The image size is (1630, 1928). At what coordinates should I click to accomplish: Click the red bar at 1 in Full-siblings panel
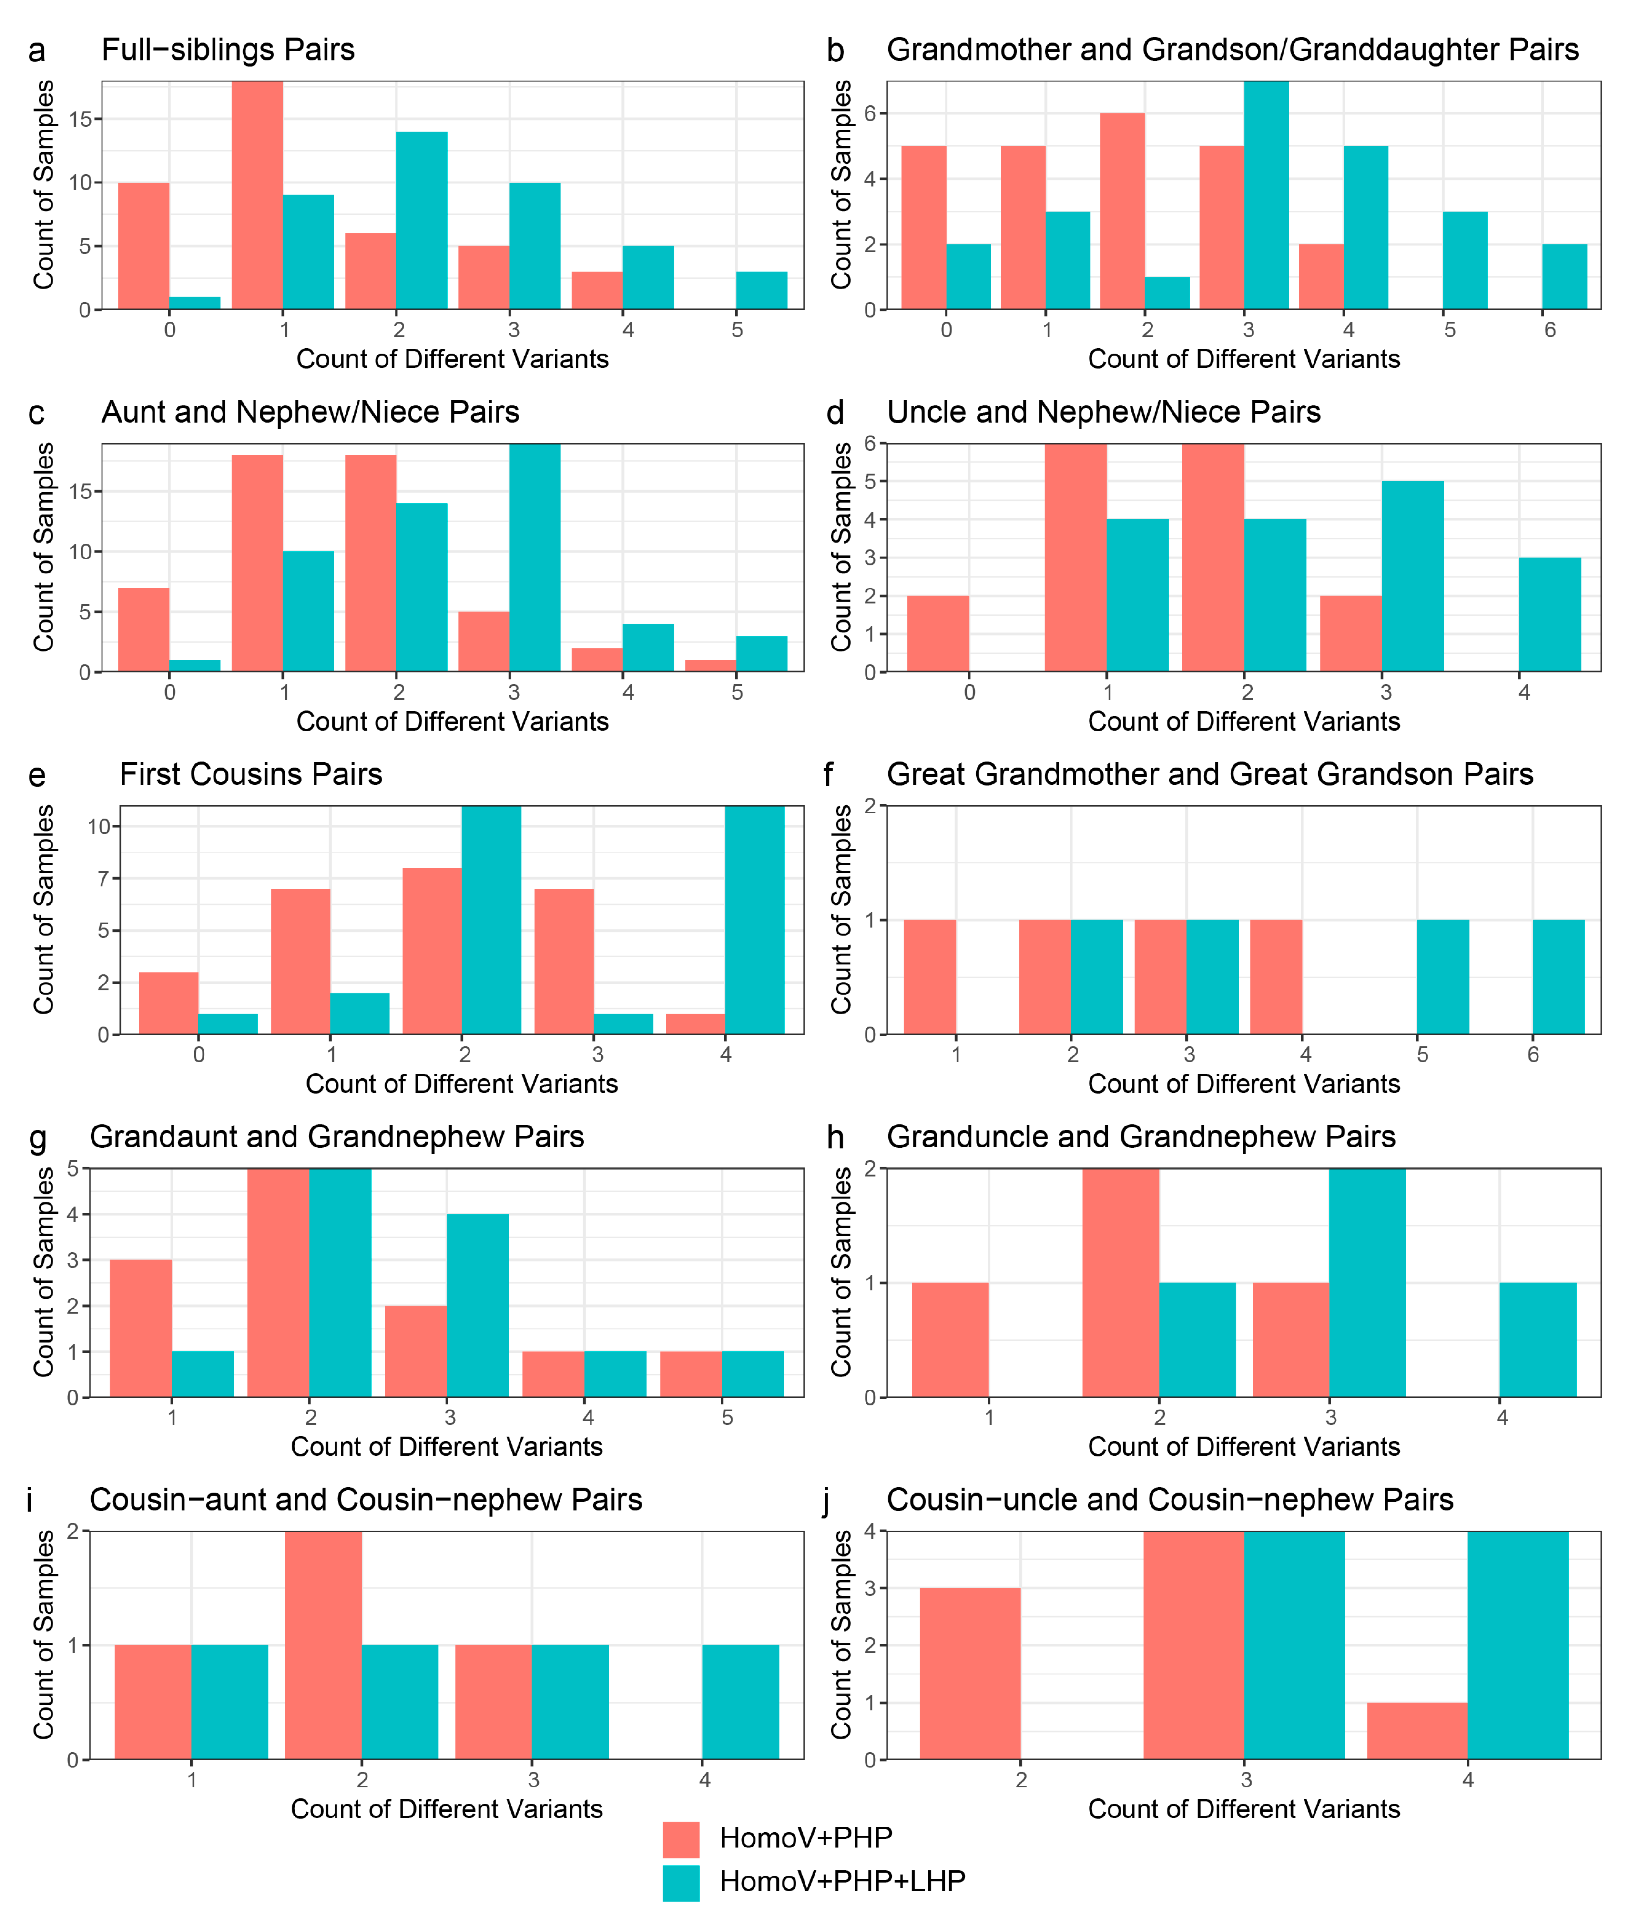coord(257,195)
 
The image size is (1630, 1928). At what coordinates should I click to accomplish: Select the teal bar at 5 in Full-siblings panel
coord(762,290)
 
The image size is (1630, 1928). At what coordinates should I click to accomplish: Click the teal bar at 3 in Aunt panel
coord(535,558)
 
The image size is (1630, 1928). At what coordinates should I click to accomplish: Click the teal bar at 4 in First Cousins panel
coord(755,920)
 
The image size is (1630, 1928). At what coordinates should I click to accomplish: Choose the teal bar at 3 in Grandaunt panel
coord(478,1305)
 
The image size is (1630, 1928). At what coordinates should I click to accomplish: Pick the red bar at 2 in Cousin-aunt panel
coord(324,1645)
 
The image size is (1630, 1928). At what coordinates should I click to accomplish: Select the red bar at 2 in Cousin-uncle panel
coord(970,1674)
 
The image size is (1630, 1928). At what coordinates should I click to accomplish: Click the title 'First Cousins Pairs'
coord(251,774)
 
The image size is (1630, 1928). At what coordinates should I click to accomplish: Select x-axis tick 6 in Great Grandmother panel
coord(1533,1055)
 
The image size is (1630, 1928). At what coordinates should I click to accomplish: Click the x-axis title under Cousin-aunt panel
coord(447,1809)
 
